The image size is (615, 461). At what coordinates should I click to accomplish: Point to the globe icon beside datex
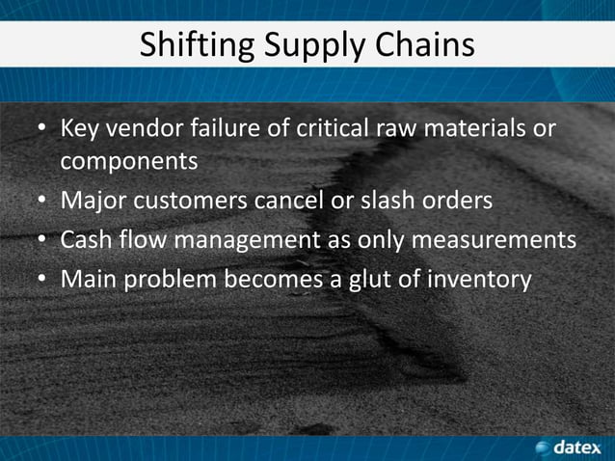(x=543, y=447)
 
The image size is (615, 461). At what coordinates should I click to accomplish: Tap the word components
(x=129, y=161)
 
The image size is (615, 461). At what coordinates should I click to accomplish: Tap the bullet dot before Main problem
(x=42, y=281)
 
